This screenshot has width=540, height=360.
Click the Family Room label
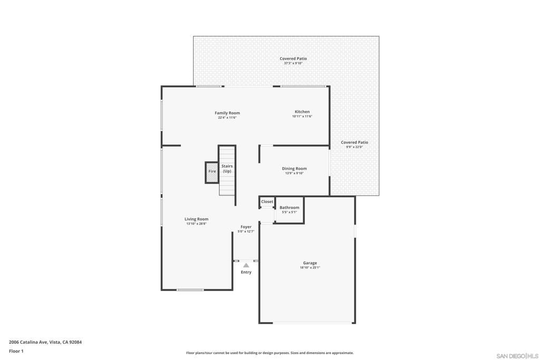[x=227, y=113]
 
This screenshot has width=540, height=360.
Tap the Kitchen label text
[x=302, y=112]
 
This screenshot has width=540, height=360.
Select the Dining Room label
[x=294, y=169]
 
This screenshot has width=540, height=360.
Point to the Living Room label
[x=196, y=219]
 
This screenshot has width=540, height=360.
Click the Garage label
[x=310, y=263]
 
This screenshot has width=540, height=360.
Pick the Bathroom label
[x=289, y=208]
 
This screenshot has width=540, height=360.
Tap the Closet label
[x=267, y=202]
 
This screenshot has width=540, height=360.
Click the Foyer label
[x=246, y=227]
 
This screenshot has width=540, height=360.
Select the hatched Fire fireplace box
[x=212, y=172]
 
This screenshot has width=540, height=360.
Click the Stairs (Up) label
[x=227, y=169]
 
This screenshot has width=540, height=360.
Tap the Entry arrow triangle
[x=246, y=265]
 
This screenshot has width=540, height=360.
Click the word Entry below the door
[x=246, y=273]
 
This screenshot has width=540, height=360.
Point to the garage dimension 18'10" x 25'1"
[x=310, y=268]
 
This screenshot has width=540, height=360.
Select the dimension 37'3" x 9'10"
[x=293, y=63]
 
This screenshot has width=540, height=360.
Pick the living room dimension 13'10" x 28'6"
[x=196, y=224]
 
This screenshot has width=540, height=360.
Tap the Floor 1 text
[x=16, y=351]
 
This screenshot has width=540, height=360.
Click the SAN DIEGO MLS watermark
[x=517, y=356]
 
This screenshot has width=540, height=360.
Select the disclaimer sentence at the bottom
[x=269, y=353]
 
